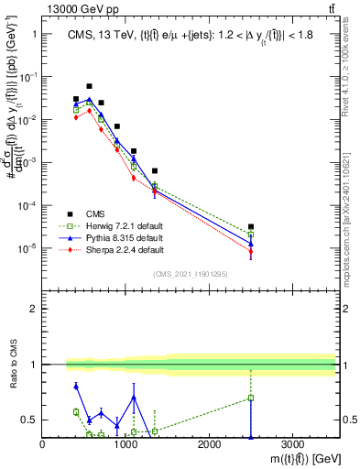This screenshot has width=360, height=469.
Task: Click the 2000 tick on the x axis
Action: (x=209, y=445)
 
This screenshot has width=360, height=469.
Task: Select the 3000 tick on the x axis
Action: (x=292, y=445)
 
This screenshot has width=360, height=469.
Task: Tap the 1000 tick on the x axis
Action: (x=125, y=445)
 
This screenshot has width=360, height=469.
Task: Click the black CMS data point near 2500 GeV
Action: (x=251, y=226)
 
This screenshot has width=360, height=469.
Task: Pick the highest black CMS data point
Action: (x=89, y=86)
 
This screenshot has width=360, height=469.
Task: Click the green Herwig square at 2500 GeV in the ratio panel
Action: (x=251, y=398)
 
